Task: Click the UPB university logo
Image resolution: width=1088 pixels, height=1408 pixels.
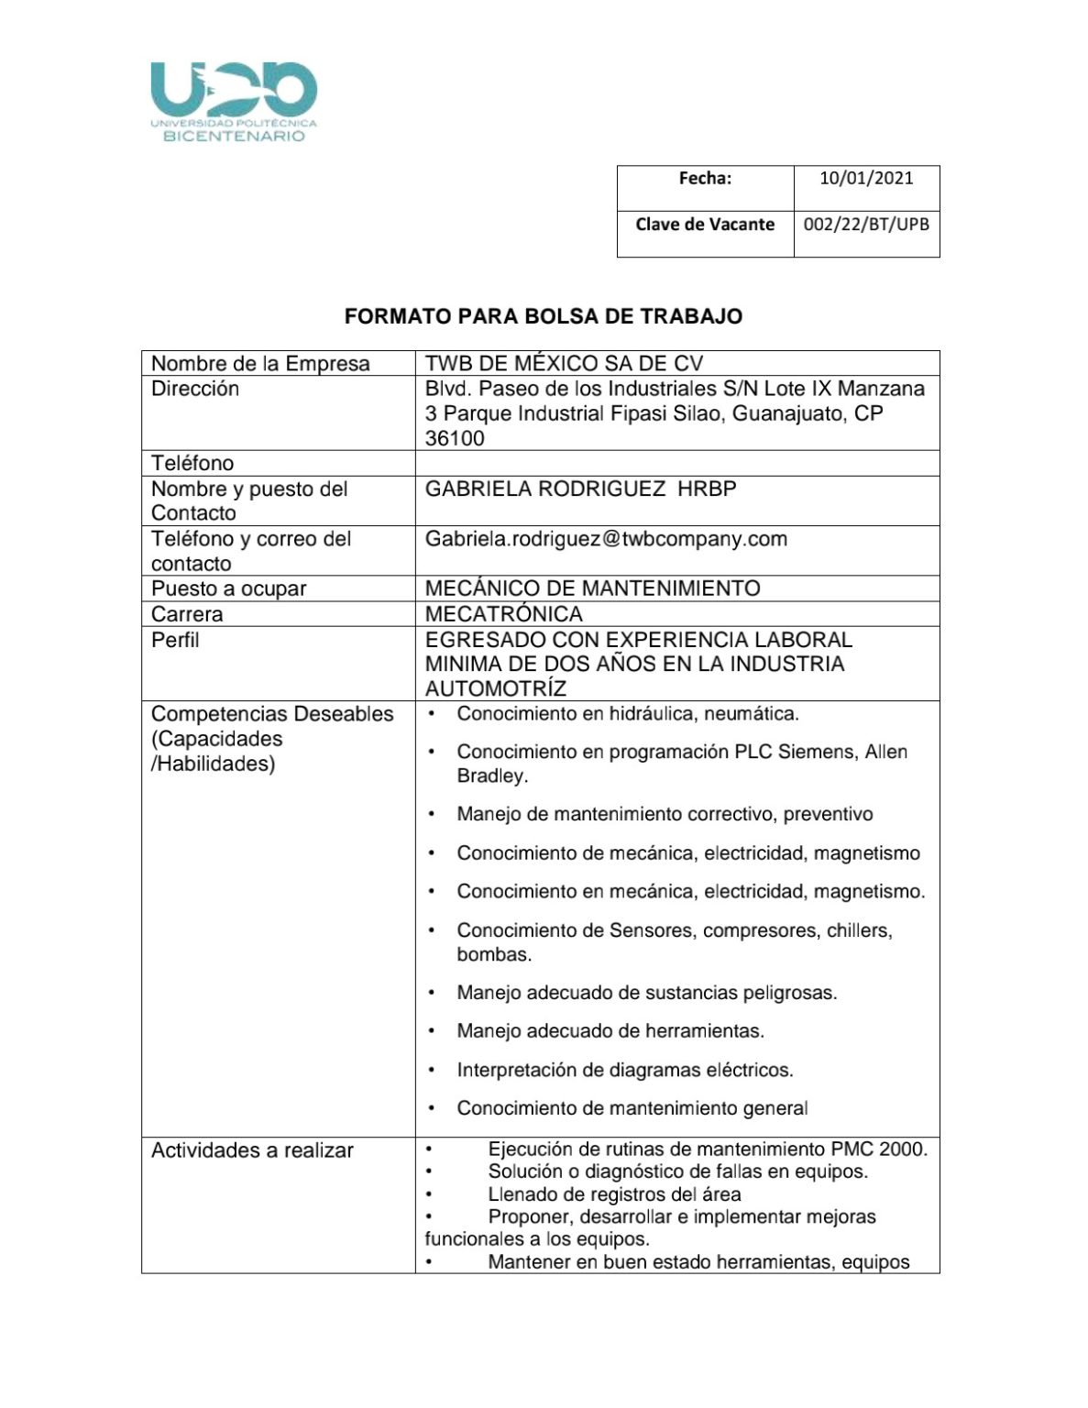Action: [234, 101]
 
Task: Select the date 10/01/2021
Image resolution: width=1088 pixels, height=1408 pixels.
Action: [866, 178]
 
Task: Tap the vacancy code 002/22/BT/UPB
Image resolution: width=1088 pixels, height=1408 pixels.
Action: [866, 225]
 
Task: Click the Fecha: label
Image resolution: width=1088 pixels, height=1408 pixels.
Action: [705, 178]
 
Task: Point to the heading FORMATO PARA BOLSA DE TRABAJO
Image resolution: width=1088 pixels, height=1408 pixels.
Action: [544, 316]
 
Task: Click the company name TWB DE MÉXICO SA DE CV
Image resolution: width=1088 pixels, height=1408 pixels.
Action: [564, 363]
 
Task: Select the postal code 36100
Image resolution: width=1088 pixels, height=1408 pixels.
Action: [455, 438]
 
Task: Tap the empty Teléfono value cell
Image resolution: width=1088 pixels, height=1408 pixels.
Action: [676, 463]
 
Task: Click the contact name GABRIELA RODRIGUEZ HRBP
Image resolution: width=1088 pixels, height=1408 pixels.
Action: [580, 489]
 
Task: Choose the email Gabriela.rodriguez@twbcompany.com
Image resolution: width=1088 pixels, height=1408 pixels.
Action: [606, 539]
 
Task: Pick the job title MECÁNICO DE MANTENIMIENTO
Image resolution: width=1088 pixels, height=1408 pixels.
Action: [592, 588]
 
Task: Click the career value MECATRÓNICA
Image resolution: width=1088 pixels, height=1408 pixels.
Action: [503, 613]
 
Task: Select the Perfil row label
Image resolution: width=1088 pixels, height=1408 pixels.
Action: [175, 639]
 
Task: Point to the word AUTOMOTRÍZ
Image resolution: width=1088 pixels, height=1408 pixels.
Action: [495, 688]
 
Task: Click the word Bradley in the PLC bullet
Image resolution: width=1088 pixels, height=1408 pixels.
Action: [491, 775]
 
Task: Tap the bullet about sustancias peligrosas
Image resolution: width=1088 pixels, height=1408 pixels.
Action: [647, 992]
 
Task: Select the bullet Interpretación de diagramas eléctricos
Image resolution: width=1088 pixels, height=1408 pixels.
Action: [625, 1070]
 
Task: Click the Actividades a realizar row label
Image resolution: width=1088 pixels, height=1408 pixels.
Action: [252, 1150]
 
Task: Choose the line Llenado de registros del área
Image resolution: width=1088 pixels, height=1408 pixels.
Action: [614, 1194]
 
